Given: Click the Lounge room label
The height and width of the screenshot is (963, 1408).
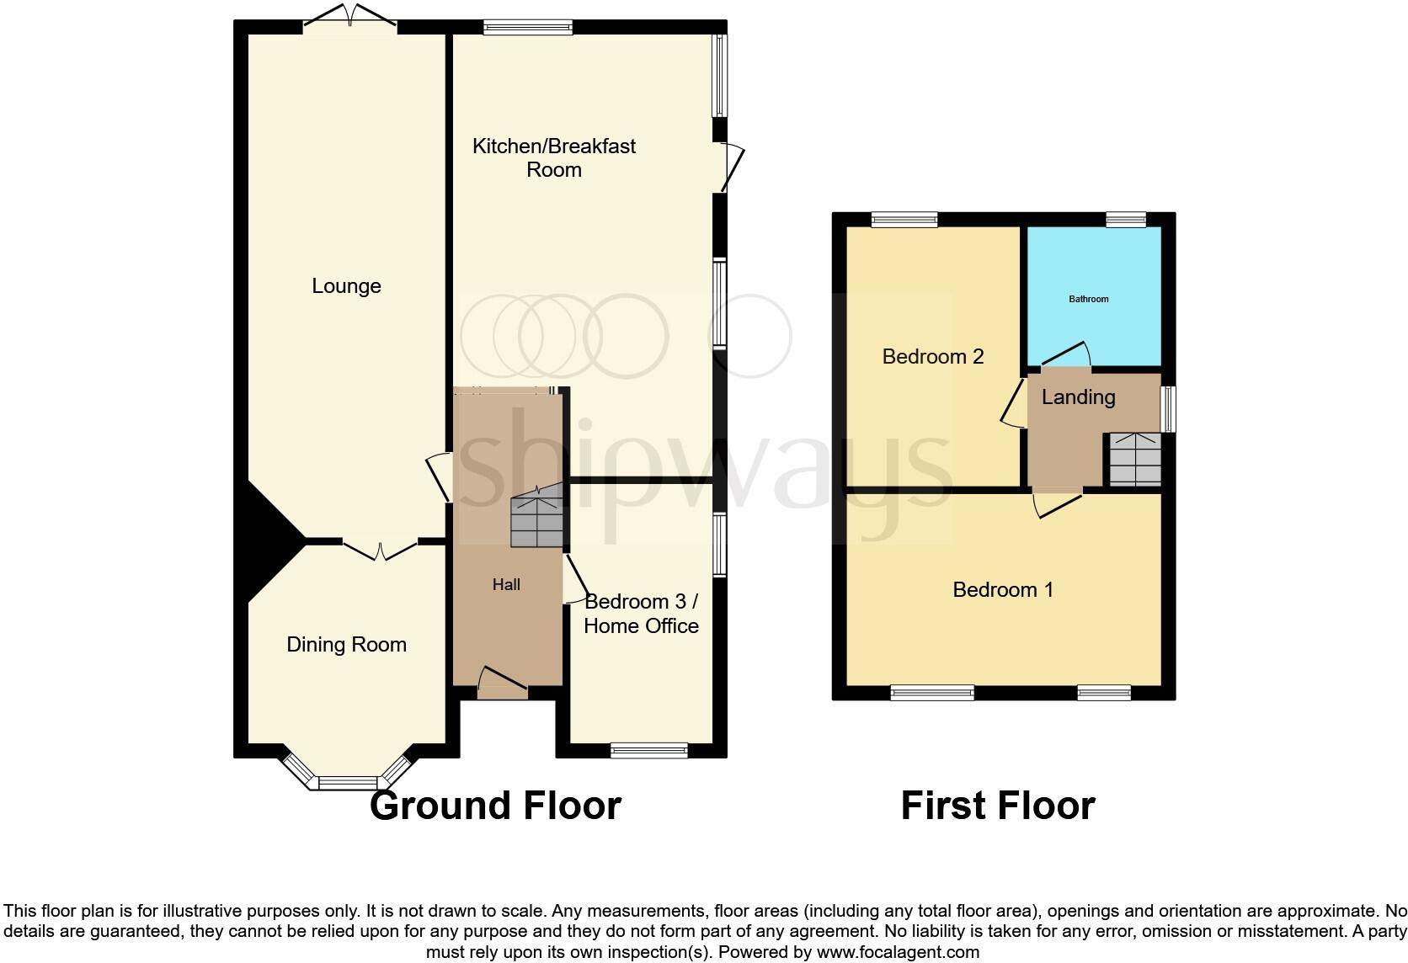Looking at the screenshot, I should [x=346, y=286].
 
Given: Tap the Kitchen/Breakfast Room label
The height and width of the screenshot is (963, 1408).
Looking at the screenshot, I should [x=554, y=157].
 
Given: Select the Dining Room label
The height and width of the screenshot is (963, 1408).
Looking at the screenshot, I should [x=346, y=645].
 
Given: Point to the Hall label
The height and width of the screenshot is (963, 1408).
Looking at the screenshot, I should [x=506, y=585].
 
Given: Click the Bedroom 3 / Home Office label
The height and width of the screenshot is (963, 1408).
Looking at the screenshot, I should [x=641, y=614].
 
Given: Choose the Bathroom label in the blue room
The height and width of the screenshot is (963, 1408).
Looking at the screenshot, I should [x=1088, y=299].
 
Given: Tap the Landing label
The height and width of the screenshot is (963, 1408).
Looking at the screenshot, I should [x=1078, y=397].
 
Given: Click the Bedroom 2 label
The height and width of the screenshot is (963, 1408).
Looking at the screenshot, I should [x=932, y=357].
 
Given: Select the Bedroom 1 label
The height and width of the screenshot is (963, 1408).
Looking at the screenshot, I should [x=1002, y=590].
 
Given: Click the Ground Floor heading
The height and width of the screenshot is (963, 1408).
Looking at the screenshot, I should [x=495, y=806].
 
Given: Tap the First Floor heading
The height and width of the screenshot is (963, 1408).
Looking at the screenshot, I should [x=997, y=806].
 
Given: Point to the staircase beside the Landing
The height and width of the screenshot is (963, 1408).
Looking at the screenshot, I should [x=1134, y=460].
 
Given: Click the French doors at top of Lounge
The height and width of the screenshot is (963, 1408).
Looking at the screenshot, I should [x=349, y=19].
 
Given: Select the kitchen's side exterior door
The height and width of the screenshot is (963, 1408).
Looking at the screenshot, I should [x=729, y=167].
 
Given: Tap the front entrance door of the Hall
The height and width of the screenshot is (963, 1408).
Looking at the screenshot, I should [x=502, y=684].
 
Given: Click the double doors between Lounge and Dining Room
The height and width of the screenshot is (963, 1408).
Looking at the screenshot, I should [x=380, y=549].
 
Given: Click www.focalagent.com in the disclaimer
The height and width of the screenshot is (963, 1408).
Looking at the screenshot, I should [x=898, y=953].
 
